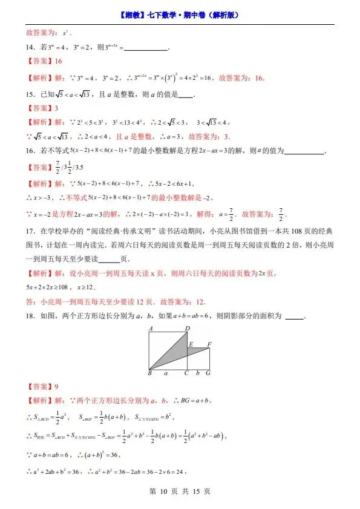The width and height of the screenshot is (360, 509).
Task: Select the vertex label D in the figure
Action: click(x=188, y=328)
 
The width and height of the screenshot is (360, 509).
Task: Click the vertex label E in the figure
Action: click(x=191, y=345)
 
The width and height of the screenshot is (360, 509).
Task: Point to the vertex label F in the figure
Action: click(x=209, y=344)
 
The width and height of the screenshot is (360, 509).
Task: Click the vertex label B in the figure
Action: click(x=149, y=374)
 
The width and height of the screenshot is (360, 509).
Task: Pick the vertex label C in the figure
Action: click(x=187, y=374)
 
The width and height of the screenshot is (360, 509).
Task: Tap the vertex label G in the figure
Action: click(x=208, y=374)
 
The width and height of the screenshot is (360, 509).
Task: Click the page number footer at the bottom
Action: click(x=180, y=491)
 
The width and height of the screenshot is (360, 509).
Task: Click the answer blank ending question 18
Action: click(x=294, y=317)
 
